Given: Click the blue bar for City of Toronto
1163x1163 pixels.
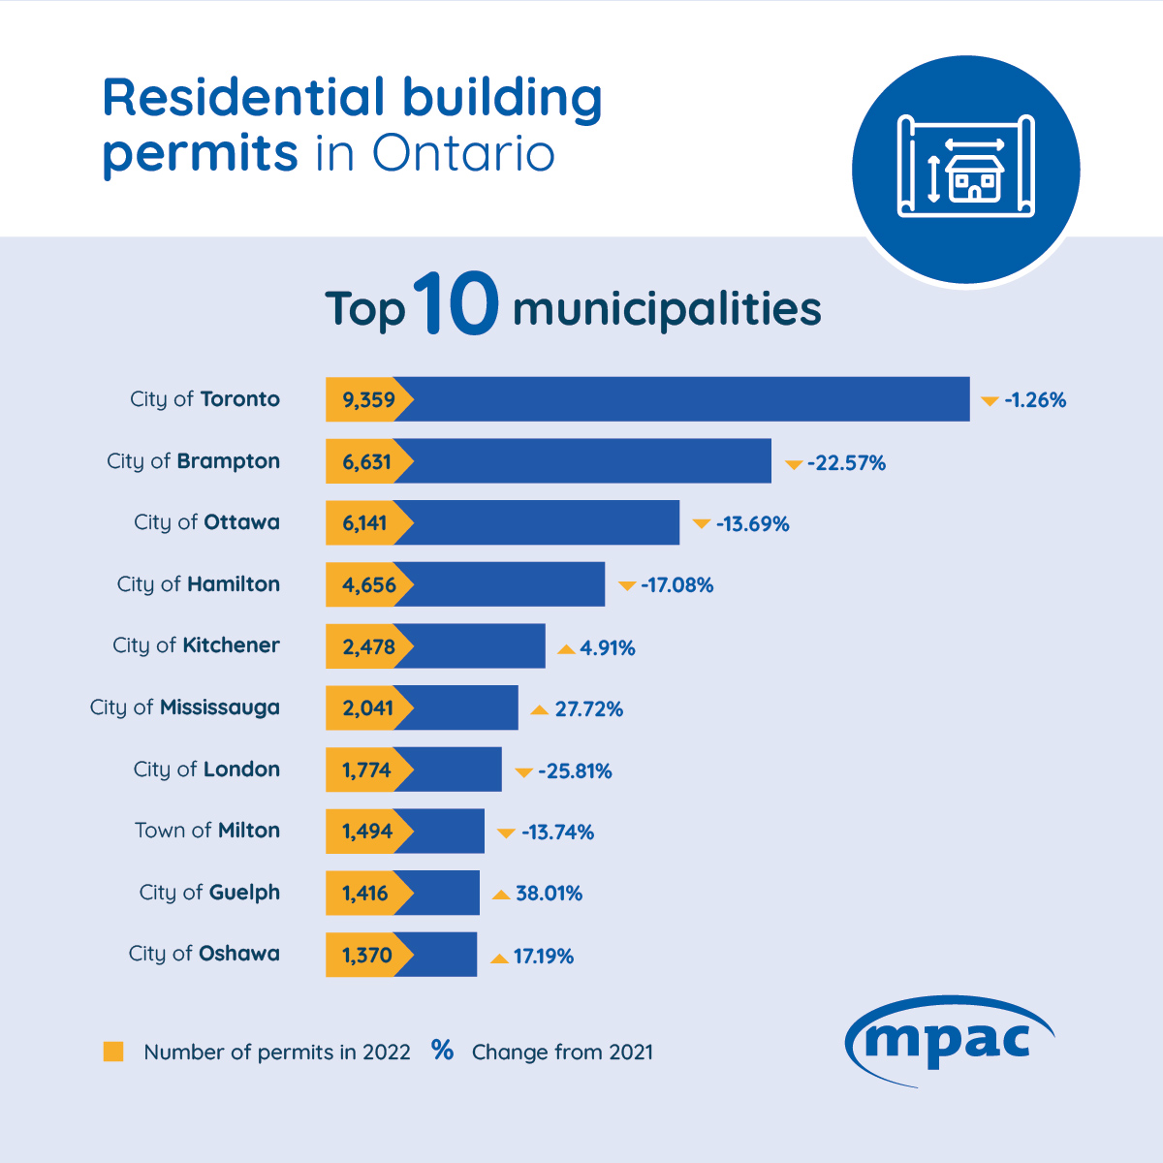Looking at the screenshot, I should point(688,399).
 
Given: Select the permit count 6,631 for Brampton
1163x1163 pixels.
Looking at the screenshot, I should point(366,461).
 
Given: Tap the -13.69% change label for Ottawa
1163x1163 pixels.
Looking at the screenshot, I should point(752,524).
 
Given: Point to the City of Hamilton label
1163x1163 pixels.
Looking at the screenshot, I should point(199,584).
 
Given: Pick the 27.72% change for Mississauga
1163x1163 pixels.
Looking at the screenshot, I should point(588,709).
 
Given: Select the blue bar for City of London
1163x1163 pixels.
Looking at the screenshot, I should point(456,770).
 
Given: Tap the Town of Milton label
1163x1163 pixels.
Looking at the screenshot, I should point(207,831).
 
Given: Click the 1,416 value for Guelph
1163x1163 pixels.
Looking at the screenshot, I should point(365,894).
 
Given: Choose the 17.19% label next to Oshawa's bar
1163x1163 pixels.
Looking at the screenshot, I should point(543,957).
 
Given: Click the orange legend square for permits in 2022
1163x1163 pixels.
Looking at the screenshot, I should point(113,1052).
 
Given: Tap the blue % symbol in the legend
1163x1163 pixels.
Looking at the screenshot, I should point(443,1051).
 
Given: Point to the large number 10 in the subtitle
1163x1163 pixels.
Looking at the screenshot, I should point(456,305).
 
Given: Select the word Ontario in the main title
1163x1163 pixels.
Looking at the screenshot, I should point(463,154).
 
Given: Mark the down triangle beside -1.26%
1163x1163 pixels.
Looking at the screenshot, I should point(990,401).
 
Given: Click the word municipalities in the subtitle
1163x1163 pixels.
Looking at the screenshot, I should point(667,309).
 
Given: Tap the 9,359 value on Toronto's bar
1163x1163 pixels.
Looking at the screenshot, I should point(368,399).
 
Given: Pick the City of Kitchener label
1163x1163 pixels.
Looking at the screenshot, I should point(196,645).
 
